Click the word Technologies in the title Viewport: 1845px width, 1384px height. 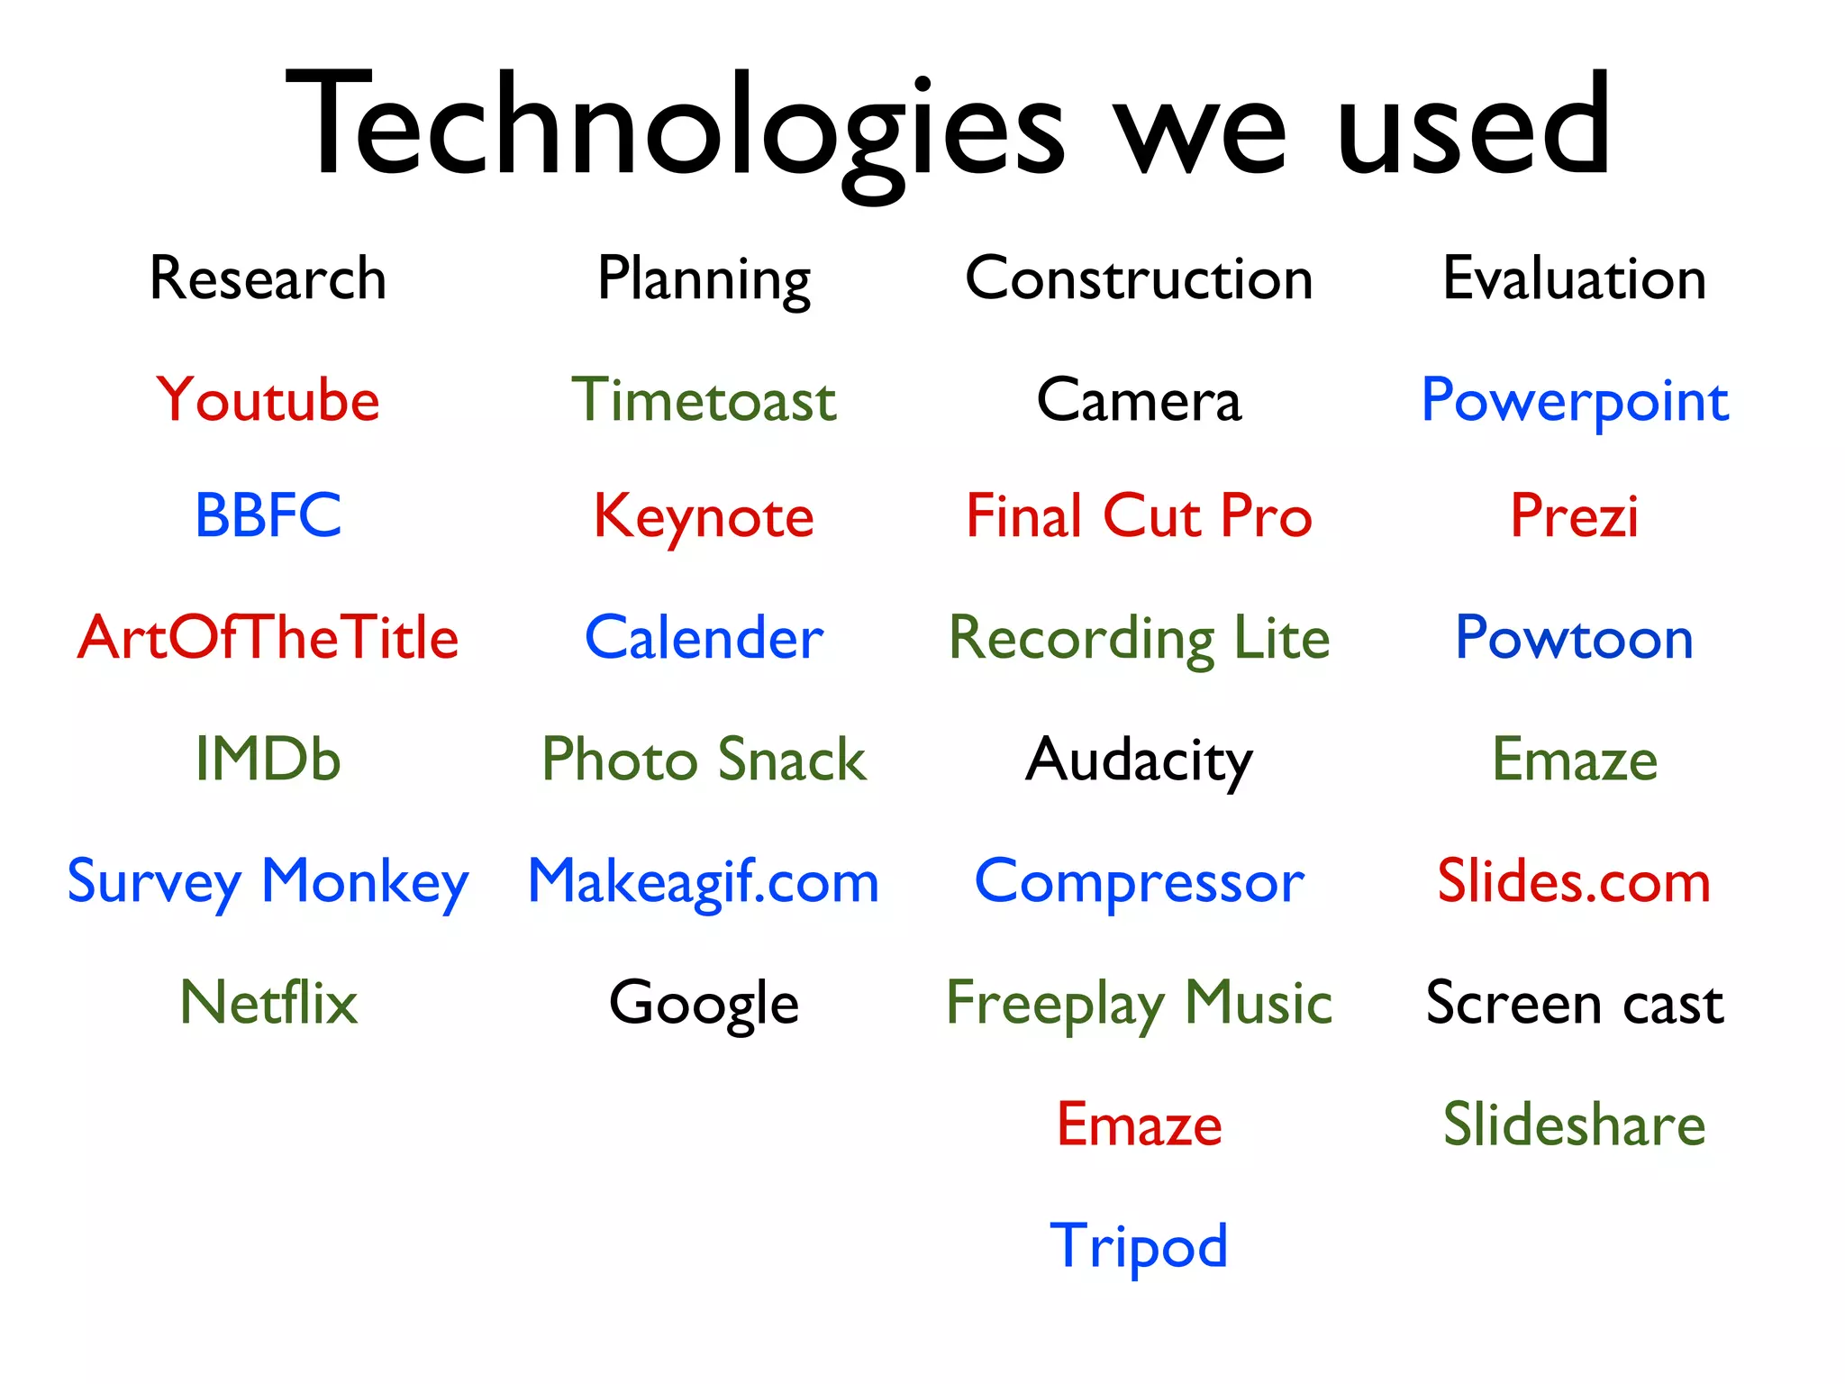676,126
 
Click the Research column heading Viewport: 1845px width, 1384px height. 268,278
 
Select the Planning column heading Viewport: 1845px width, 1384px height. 704,280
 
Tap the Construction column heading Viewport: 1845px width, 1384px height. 1139,278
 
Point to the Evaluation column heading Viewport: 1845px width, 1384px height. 1574,278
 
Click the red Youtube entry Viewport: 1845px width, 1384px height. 268,400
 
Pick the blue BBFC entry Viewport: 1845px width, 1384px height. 268,516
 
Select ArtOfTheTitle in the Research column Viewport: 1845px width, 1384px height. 268,638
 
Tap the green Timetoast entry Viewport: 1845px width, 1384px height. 704,400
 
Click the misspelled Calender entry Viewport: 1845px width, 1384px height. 704,638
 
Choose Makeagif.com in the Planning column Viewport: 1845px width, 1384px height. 704,881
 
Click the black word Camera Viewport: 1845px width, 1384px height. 1139,400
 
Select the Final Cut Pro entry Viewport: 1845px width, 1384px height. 1139,516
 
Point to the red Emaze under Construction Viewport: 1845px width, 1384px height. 1139,1124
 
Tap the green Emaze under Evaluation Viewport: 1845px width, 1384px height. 1574,760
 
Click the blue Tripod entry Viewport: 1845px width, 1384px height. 1139,1246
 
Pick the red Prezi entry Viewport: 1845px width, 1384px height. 1574,516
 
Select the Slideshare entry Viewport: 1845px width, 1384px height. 1574,1124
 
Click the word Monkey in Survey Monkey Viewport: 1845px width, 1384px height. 365,881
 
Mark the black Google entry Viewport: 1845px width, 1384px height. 704,1003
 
